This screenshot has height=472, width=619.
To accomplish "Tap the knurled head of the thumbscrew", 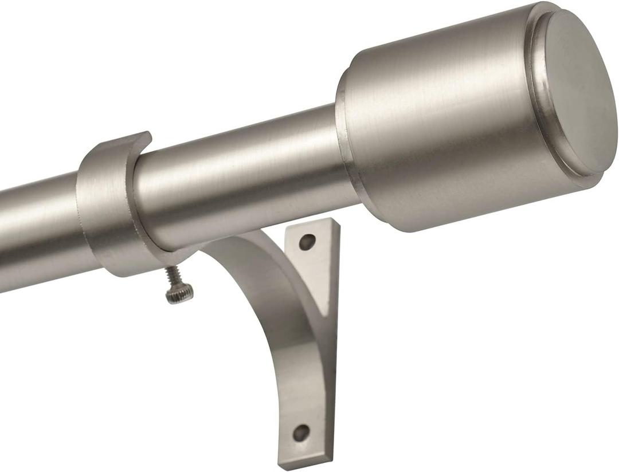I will click(179, 294).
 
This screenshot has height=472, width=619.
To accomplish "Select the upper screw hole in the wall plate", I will click(307, 242).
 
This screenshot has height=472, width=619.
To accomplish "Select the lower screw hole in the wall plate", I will click(301, 432).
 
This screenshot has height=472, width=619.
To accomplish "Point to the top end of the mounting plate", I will click(321, 225).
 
